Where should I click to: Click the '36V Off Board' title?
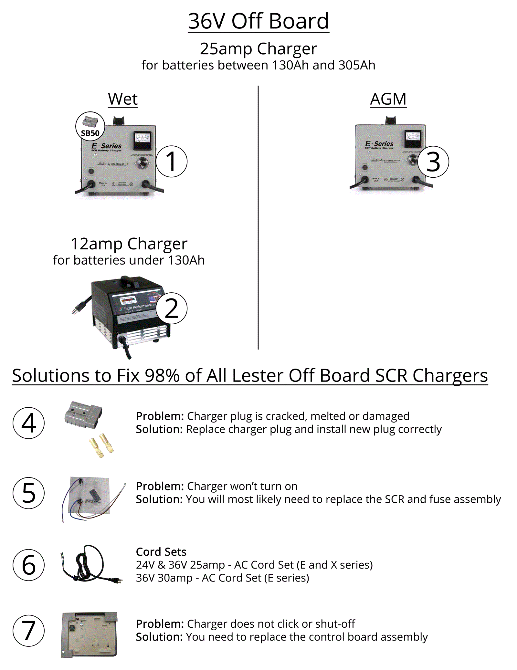pos(258,21)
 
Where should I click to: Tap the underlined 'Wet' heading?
pos(123,99)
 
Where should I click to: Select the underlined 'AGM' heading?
pos(388,99)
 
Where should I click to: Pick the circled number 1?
pos(171,161)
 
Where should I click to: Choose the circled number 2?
pos(171,308)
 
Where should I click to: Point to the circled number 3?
pos(433,162)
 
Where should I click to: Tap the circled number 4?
pos(29,423)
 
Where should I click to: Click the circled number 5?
pos(29,493)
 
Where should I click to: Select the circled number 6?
pos(29,565)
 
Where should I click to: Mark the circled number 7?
pos(29,631)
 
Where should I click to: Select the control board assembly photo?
pos(89,634)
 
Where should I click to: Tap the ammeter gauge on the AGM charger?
pos(413,139)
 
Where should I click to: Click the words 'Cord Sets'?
pos(161,551)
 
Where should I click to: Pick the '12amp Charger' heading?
pos(129,244)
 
